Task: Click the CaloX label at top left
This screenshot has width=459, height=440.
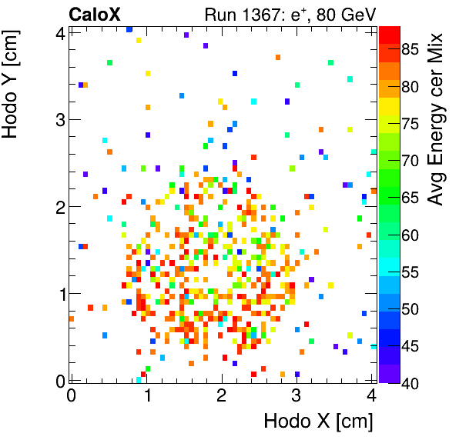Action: (x=94, y=13)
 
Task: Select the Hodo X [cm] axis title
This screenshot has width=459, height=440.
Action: (x=318, y=422)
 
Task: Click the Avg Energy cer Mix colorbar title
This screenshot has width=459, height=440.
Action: (x=437, y=119)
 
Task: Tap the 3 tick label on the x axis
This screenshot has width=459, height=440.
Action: (x=297, y=396)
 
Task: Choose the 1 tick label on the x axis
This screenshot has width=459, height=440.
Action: (x=146, y=396)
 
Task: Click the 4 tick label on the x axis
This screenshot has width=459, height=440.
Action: (x=372, y=396)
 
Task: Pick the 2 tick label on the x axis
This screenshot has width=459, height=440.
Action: (x=222, y=396)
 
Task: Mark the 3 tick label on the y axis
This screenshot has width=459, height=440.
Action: (x=59, y=119)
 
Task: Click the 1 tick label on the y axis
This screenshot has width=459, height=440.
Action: (x=59, y=294)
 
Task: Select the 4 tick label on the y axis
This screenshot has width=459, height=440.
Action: (x=59, y=32)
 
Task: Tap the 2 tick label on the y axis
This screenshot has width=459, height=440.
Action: (x=59, y=206)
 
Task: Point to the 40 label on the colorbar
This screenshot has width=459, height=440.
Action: (x=410, y=382)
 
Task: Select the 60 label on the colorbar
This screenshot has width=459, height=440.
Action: (x=410, y=235)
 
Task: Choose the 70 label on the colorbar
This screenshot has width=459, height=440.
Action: (x=410, y=161)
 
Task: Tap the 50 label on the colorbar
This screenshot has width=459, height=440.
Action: (x=410, y=308)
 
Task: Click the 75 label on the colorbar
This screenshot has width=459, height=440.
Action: (x=410, y=124)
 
